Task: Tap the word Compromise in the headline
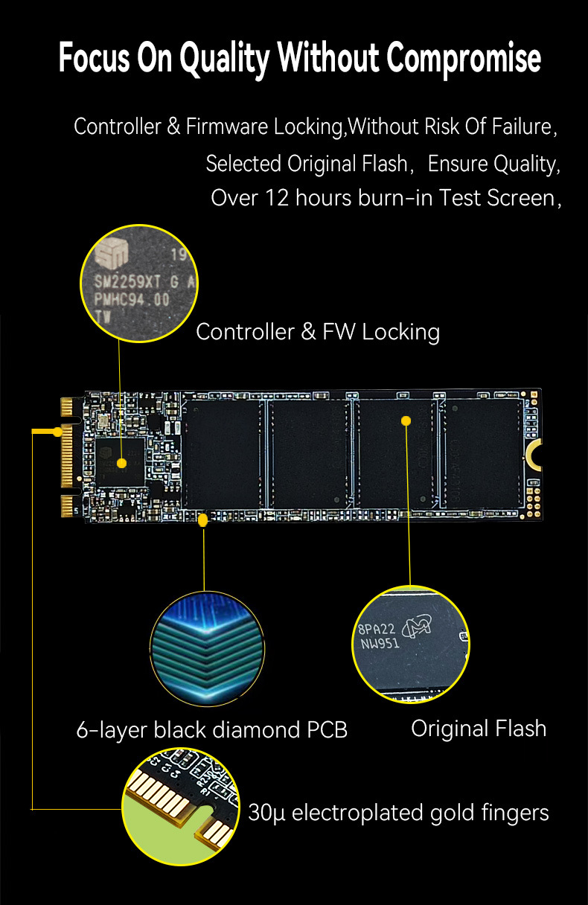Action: click(x=463, y=59)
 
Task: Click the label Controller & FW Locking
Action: click(x=318, y=332)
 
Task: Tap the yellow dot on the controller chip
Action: click(x=121, y=464)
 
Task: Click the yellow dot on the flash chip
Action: click(x=406, y=420)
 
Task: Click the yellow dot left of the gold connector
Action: click(x=57, y=432)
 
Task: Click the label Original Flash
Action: click(x=479, y=729)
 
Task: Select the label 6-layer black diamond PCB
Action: click(x=212, y=730)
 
